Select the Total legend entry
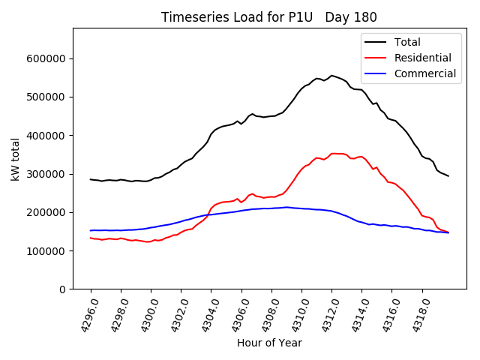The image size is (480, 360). (407, 42)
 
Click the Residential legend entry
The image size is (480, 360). (422, 58)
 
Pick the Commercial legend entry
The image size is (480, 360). (424, 73)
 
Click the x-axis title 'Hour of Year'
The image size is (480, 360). (269, 343)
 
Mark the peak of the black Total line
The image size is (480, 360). (331, 75)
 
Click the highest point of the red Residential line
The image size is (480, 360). (334, 153)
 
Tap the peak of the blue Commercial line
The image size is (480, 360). (286, 207)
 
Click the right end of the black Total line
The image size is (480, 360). (448, 175)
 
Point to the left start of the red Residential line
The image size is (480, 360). (91, 238)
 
